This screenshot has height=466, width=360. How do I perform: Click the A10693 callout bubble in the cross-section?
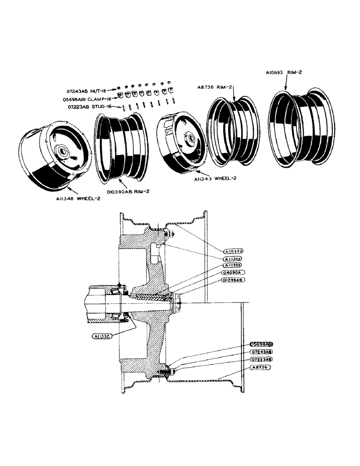point(234,251)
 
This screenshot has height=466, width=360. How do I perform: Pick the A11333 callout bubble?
point(234,265)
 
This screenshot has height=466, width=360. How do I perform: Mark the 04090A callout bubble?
point(234,272)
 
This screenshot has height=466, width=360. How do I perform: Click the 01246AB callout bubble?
point(234,280)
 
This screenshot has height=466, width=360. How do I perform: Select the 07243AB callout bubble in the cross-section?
point(261,352)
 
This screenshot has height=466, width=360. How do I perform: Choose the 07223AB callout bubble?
point(261,360)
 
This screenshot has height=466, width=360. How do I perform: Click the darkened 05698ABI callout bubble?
point(261,344)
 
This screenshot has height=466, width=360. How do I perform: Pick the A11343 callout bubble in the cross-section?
point(234,258)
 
